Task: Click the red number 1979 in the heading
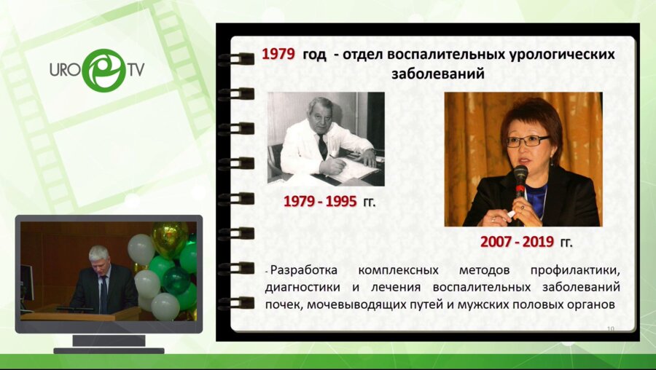278,54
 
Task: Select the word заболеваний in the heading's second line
438,74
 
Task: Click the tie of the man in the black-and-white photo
322,145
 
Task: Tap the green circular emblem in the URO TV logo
104,70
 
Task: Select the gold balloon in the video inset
169,237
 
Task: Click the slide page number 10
610,329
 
